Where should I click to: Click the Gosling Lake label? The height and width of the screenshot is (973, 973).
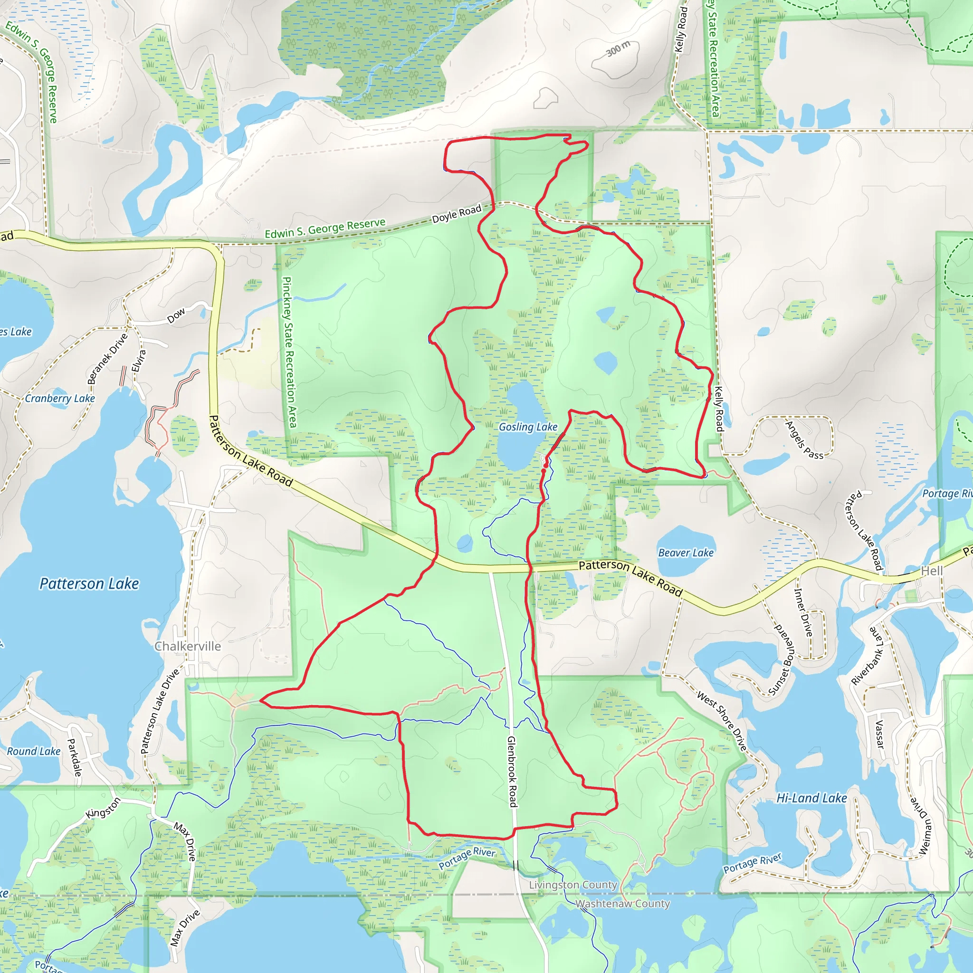pos(528,427)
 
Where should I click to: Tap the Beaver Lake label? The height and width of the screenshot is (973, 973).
pos(686,553)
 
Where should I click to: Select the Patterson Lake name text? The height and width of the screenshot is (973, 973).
pos(89,584)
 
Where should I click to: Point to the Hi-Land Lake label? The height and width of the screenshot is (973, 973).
pos(811,798)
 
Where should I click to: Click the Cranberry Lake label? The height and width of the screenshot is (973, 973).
pos(60,398)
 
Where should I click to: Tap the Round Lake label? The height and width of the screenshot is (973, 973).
pos(34,752)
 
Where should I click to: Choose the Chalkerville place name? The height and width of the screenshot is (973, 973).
pos(187,646)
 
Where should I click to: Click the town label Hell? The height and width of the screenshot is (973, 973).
pos(932,571)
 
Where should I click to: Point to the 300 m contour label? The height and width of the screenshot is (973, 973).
pos(618,49)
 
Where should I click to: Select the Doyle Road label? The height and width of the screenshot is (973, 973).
pos(457,214)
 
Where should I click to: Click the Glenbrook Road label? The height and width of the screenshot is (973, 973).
pos(512,772)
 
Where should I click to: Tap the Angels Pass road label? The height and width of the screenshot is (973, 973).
pos(804,440)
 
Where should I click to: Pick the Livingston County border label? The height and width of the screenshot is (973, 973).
pos(572,885)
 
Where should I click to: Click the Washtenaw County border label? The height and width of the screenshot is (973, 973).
pos(622,904)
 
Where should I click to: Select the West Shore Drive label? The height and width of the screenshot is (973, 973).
pos(722,721)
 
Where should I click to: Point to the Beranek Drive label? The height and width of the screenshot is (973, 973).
pos(107,359)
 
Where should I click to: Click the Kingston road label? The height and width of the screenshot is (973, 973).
pos(103,808)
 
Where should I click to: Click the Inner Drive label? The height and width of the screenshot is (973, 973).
pos(803,612)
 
